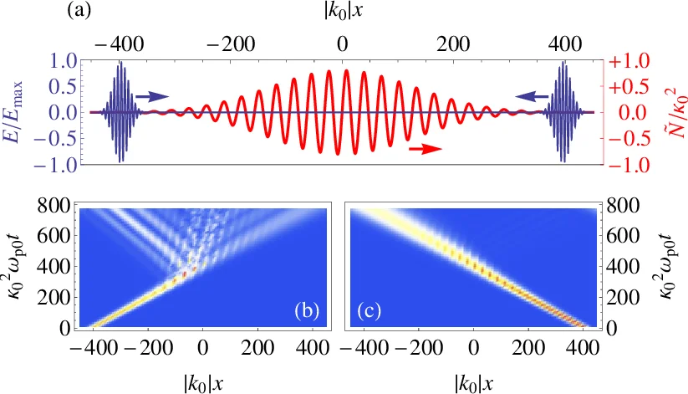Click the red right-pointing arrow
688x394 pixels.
[x=426, y=149]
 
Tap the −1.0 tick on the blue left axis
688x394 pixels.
[x=59, y=164]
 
